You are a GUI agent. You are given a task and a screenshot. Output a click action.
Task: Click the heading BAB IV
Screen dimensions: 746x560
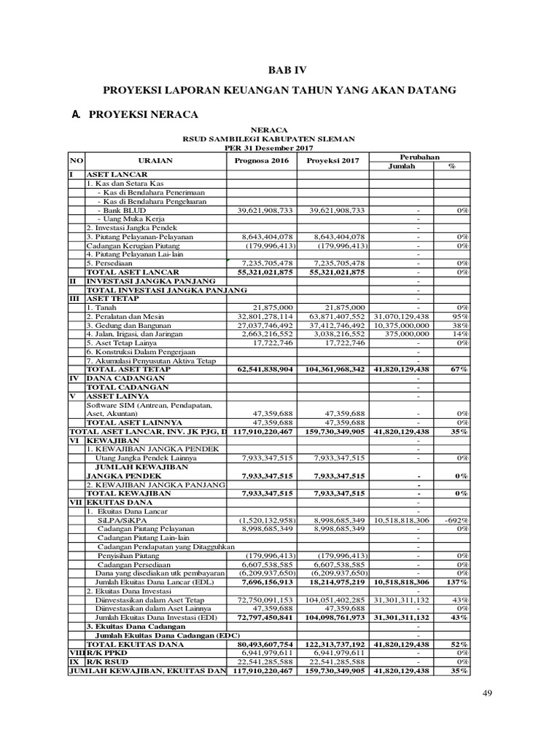point(280,71)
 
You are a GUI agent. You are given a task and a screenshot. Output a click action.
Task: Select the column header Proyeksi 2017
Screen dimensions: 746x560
point(333,161)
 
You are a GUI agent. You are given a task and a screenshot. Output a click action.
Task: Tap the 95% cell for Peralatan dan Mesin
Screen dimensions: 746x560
point(461,317)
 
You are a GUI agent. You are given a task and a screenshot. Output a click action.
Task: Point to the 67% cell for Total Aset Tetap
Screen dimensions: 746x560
point(460,369)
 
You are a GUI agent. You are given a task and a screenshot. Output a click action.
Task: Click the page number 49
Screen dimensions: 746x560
point(488,693)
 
